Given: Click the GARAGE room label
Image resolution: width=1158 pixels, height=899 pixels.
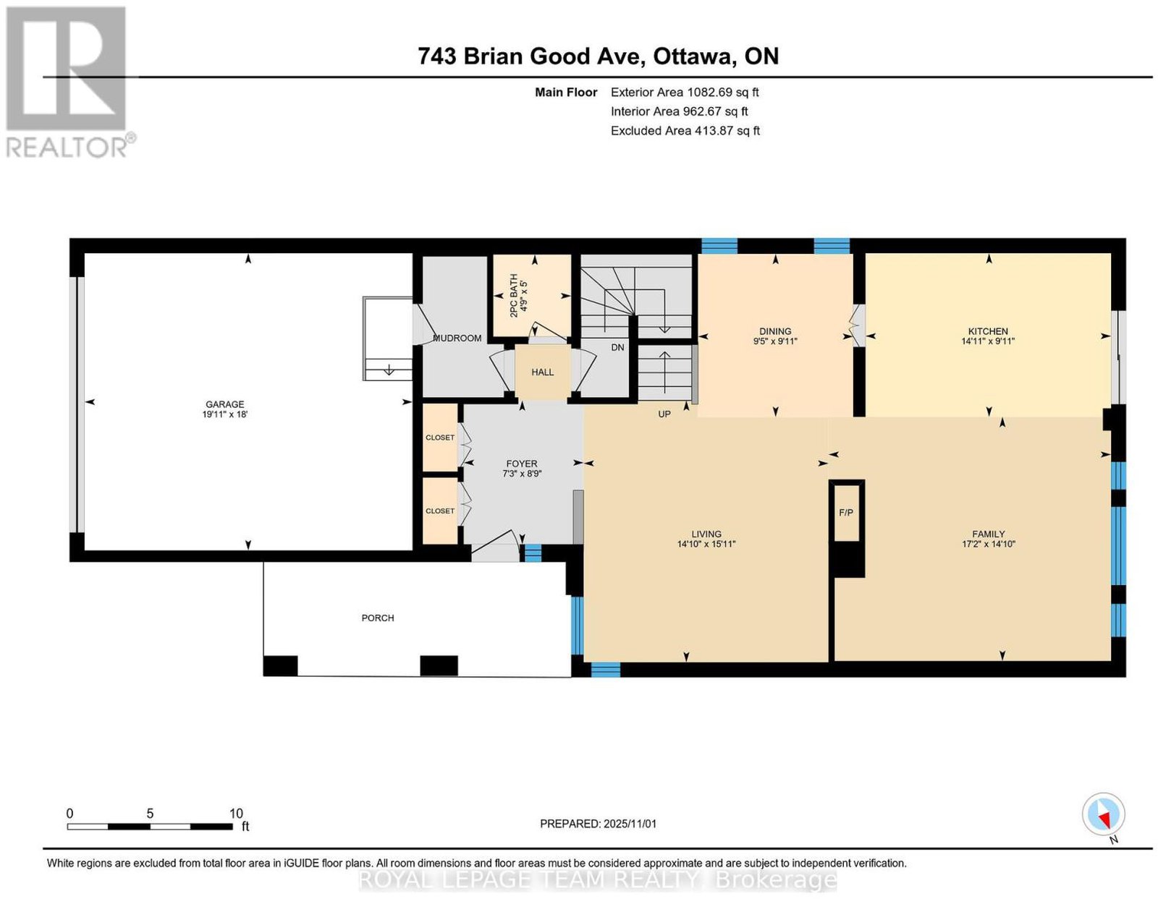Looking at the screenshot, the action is point(224,404).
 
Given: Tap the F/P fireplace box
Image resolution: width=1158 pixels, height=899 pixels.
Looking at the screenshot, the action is point(846,512).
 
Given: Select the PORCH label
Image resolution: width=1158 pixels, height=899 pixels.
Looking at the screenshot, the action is point(377,618).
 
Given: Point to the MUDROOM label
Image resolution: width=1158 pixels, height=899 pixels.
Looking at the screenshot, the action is point(457,338).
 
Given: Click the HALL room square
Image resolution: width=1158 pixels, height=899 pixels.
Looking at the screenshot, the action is point(543,372).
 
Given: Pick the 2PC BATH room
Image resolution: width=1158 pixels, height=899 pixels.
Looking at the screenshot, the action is point(531,295).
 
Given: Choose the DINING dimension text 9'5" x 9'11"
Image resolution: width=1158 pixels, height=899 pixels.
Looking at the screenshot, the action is point(775,341).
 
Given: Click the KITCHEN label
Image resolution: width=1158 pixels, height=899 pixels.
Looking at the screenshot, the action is point(988,331).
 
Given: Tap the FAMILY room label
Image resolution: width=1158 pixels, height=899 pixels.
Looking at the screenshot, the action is point(988,533).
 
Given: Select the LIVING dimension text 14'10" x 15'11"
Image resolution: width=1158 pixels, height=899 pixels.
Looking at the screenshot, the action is point(706,544).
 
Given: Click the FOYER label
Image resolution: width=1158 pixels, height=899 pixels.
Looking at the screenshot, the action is point(522,464).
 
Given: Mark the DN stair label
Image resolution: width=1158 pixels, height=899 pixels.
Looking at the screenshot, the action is point(617,348).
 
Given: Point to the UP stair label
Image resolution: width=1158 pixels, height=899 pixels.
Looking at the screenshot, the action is point(664,414).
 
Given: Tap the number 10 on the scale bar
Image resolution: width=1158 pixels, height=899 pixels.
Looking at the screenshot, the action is point(236,813).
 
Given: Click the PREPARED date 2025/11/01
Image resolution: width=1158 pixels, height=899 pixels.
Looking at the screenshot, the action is point(630,823).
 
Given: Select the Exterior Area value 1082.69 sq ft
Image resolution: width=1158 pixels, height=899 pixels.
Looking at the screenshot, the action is point(722,92).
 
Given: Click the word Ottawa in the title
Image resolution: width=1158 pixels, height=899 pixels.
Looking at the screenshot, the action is point(692,56).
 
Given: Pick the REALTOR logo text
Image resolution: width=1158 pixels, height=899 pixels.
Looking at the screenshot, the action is point(67,148).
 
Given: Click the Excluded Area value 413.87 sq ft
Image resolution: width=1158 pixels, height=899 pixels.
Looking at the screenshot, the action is point(727,130).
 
